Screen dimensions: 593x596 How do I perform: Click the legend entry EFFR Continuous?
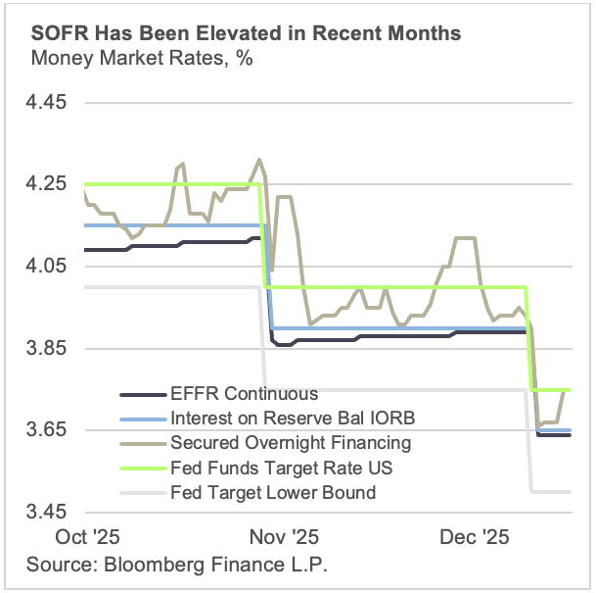[x=244, y=394]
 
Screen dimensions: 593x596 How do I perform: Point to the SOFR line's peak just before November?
[x=258, y=159]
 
